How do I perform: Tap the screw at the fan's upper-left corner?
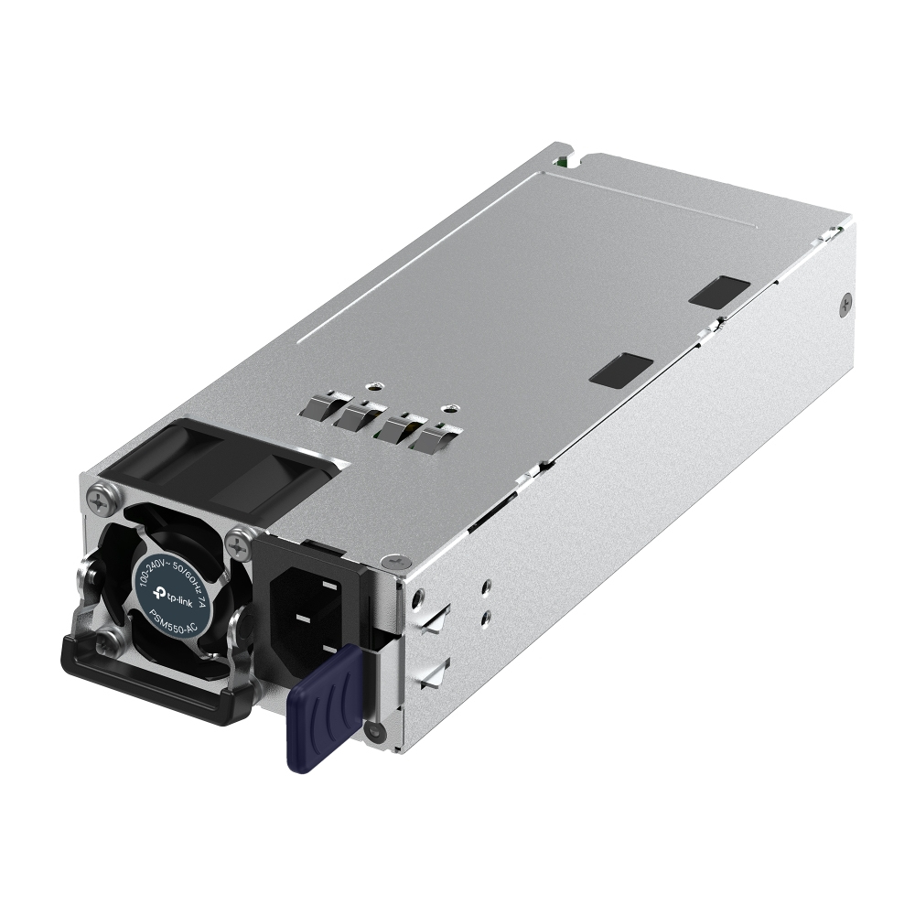[x=98, y=499]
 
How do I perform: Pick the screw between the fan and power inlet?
[x=241, y=545]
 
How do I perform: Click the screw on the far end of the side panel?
[x=845, y=305]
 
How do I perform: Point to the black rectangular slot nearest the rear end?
[x=719, y=291]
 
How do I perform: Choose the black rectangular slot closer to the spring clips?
[x=621, y=369]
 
